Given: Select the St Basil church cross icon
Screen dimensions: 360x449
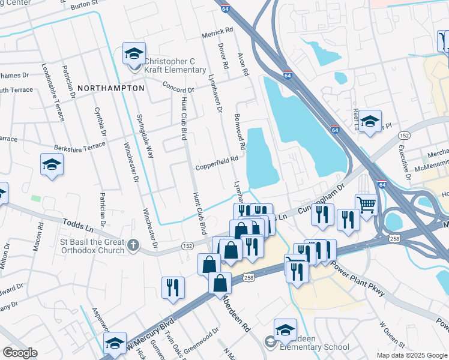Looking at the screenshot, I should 133,245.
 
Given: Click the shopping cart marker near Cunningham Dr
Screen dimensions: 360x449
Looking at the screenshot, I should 366,203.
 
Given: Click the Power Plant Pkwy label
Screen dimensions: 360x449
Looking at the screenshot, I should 358,277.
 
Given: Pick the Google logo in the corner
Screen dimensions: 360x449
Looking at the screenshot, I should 20,352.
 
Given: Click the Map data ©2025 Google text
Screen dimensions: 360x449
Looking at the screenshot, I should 411,355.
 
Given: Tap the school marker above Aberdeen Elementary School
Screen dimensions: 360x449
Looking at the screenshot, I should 285,329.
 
